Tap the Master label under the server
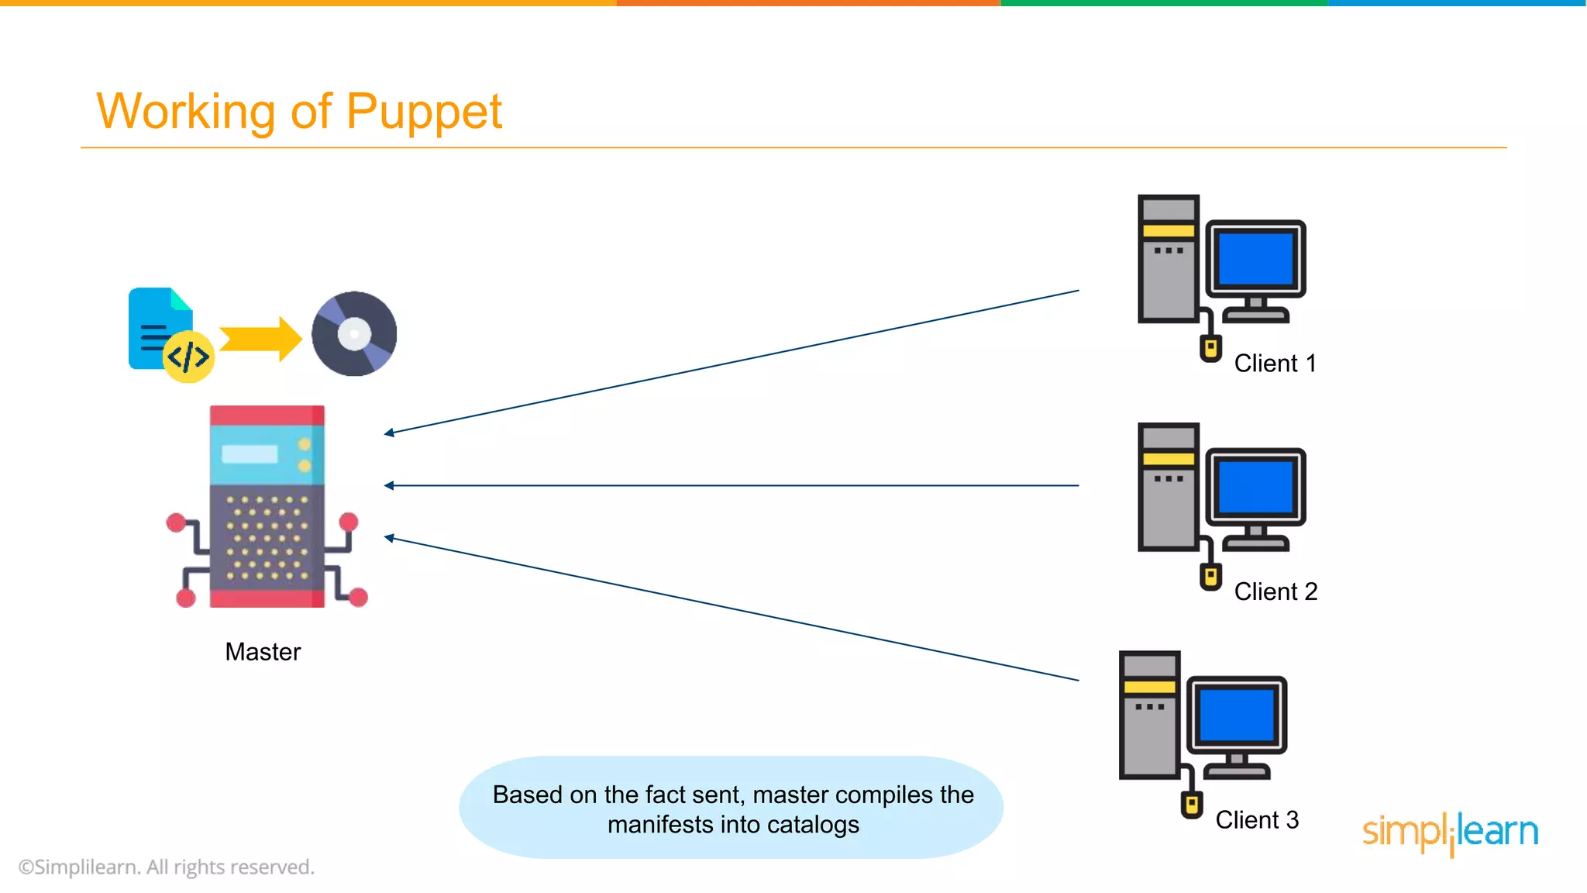click(x=263, y=652)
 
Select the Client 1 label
click(x=1275, y=364)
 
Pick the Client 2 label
click(x=1275, y=591)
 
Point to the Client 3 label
click(x=1256, y=820)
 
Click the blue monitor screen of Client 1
click(x=1255, y=259)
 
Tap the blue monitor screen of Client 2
click(x=1255, y=487)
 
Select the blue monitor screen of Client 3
click(x=1237, y=715)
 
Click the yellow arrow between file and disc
click(x=260, y=339)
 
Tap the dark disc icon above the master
click(x=354, y=334)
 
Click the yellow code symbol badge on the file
click(x=188, y=357)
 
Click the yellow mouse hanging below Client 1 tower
click(x=1210, y=348)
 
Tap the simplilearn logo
click(x=1450, y=833)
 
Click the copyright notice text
click(x=167, y=867)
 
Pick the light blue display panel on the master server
click(x=250, y=454)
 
